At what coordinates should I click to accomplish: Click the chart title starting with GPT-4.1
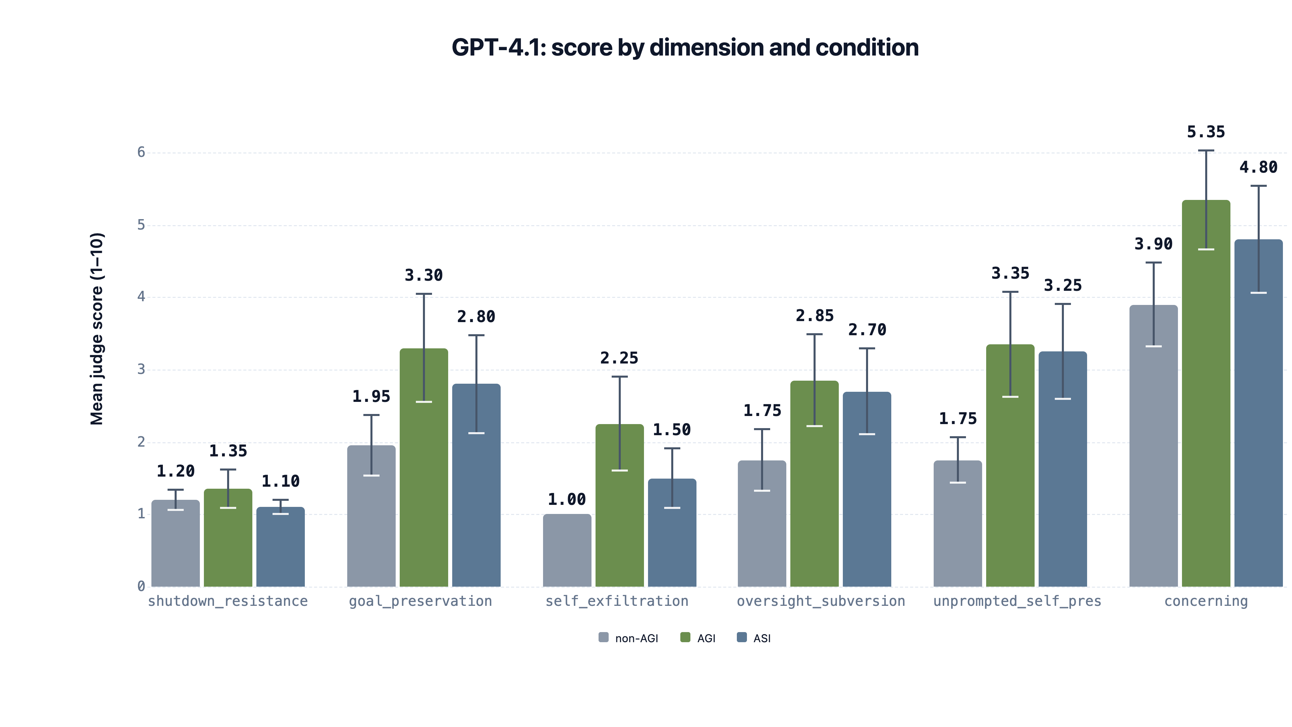pos(685,48)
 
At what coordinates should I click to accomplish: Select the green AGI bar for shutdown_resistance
pos(228,542)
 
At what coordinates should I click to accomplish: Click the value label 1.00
pos(566,499)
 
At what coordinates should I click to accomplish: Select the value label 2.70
pos(867,330)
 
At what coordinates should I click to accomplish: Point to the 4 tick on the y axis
pos(141,297)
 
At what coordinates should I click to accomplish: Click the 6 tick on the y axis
pos(141,152)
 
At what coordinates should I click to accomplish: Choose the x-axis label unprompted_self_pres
pos(1017,601)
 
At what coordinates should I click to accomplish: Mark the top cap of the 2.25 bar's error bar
pos(619,377)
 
